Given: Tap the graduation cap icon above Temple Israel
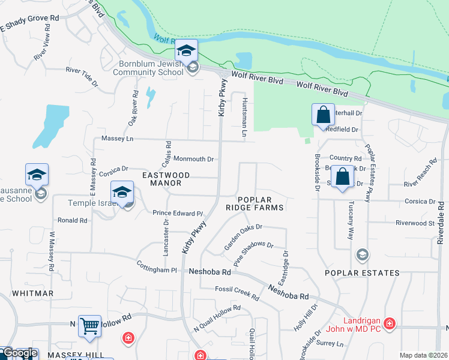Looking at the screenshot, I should (122, 192).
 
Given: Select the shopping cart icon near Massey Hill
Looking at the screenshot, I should (89, 326).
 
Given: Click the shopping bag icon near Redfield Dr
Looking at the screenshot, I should (323, 115).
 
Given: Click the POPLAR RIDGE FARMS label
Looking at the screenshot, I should (261, 203).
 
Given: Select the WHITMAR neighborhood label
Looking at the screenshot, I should (32, 293).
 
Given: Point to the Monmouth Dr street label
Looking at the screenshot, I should (193, 159).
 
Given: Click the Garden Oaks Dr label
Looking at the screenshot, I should (243, 236).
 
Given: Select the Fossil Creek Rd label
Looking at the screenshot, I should (237, 293).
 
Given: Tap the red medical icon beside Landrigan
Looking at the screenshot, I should (390, 324).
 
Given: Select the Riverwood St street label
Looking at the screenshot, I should (415, 223).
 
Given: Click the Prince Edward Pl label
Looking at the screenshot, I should (178, 213).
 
